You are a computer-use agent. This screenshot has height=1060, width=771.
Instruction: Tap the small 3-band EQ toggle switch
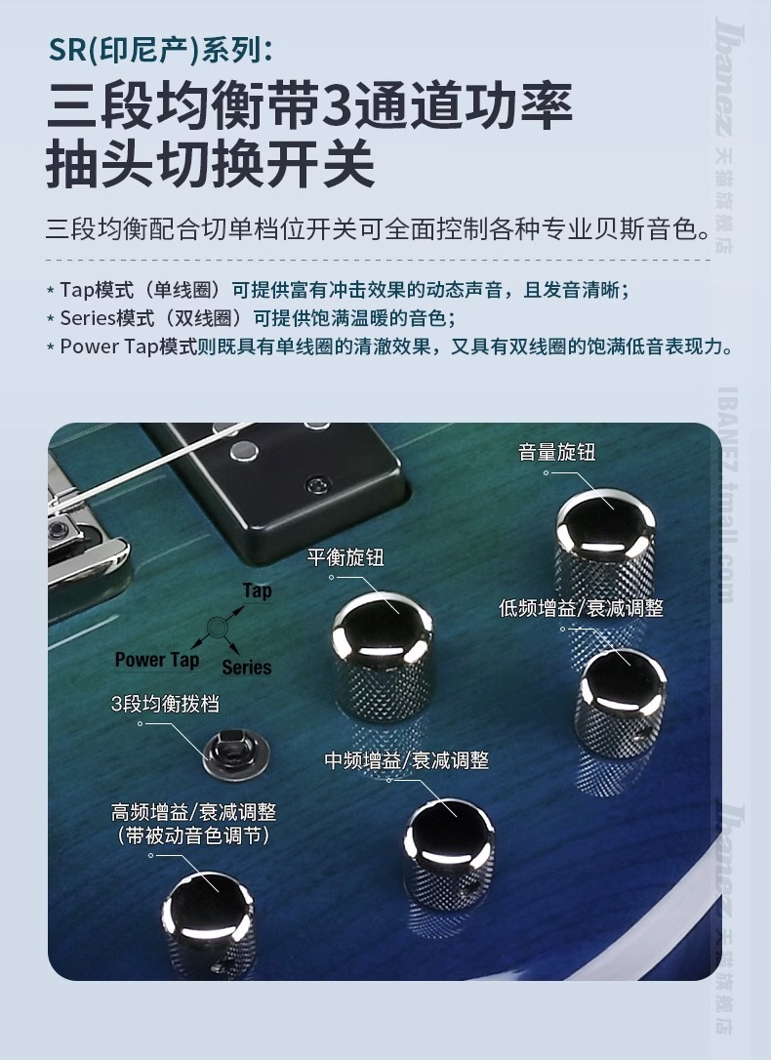pyautogui.click(x=237, y=753)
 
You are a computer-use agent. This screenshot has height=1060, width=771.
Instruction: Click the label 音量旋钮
pyautogui.click(x=557, y=452)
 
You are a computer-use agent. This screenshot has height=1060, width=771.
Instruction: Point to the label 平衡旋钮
pyautogui.click(x=345, y=557)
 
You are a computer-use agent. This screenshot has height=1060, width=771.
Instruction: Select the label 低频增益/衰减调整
pyautogui.click(x=581, y=608)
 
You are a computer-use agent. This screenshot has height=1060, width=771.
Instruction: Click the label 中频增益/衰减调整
pyautogui.click(x=407, y=759)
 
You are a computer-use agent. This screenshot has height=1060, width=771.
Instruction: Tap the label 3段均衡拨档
pyautogui.click(x=165, y=704)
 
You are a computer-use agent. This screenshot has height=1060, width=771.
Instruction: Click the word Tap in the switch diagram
pyautogui.click(x=258, y=591)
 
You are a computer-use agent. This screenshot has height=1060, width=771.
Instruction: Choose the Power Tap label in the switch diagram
pyautogui.click(x=157, y=660)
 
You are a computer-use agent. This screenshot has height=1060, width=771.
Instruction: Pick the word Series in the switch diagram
pyautogui.click(x=247, y=668)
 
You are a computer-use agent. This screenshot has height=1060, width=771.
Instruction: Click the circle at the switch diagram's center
pyautogui.click(x=217, y=628)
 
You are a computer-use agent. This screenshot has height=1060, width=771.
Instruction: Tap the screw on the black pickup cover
pyautogui.click(x=316, y=485)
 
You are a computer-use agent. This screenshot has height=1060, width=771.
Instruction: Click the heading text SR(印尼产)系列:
pyautogui.click(x=161, y=51)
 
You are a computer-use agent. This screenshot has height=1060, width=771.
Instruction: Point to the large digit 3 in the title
pyautogui.click(x=333, y=106)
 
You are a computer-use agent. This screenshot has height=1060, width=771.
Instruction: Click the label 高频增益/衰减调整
pyautogui.click(x=194, y=812)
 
